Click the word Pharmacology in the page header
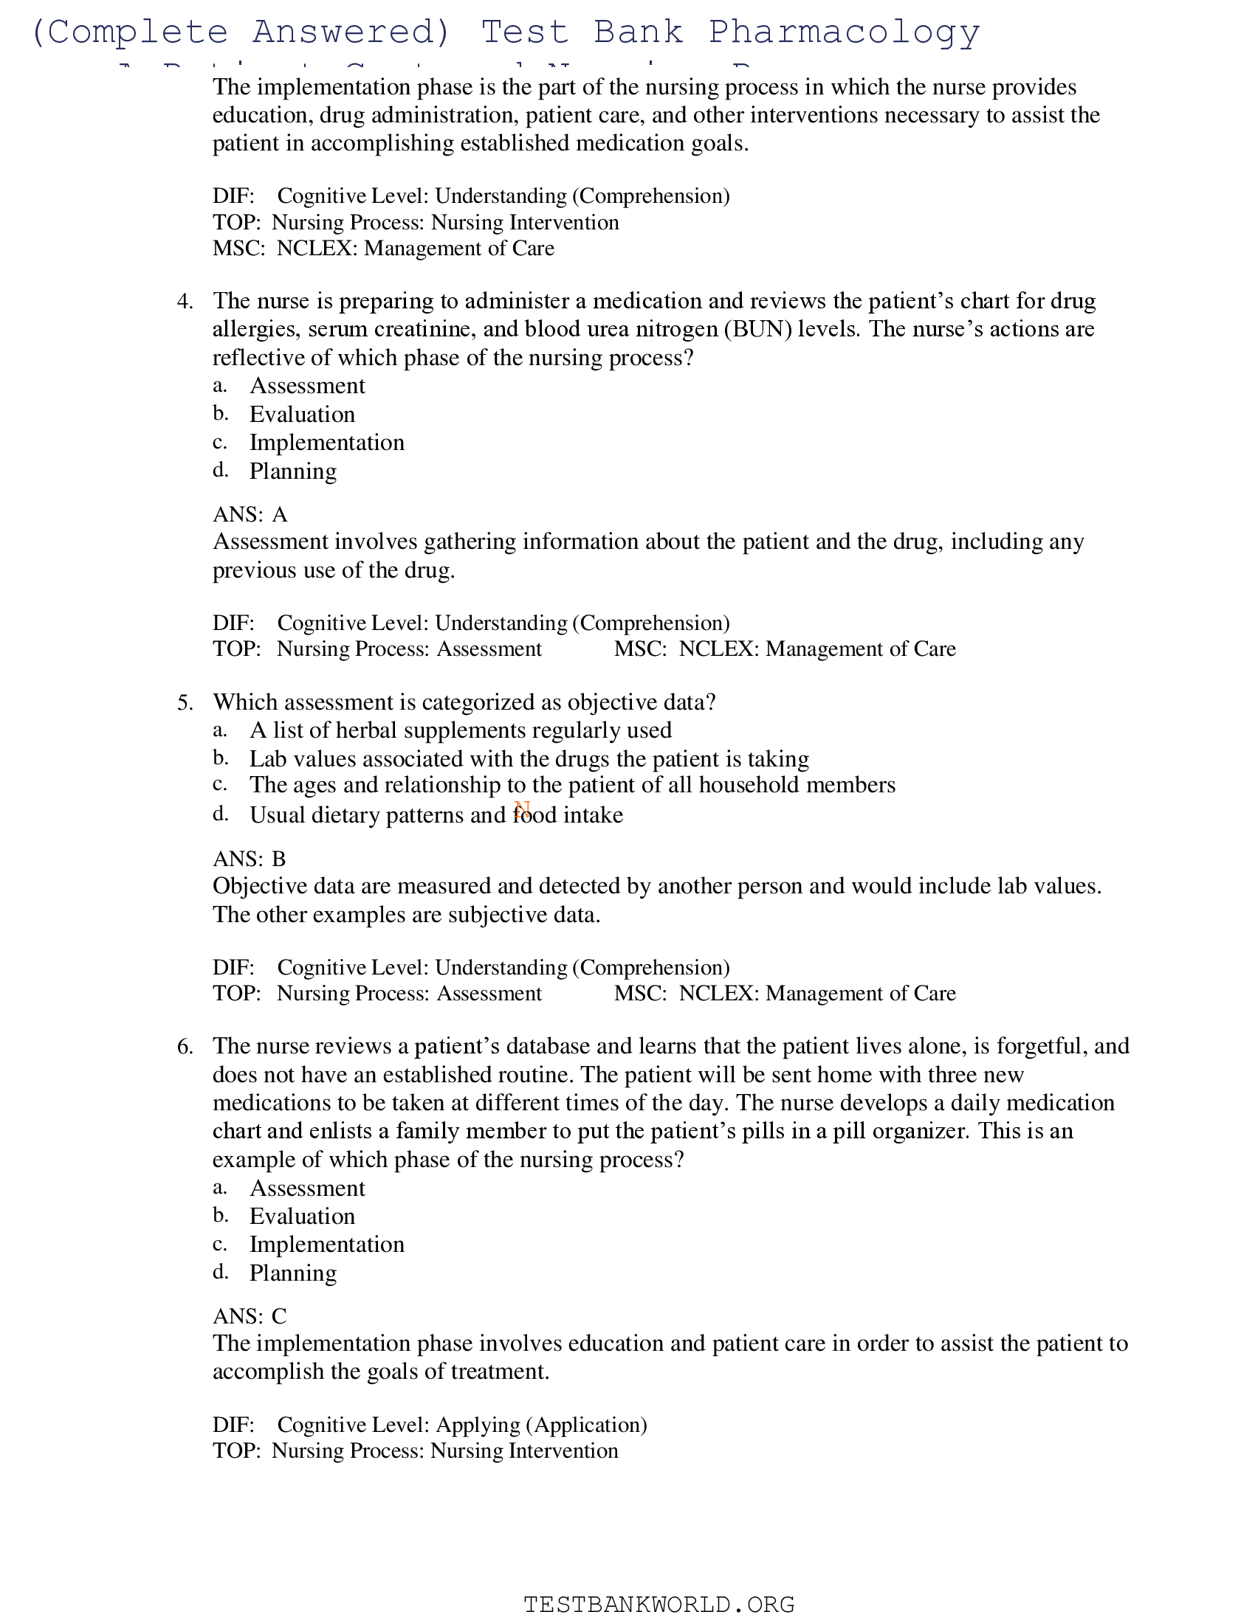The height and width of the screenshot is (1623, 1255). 844,32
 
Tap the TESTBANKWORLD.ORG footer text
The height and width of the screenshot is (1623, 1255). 659,1604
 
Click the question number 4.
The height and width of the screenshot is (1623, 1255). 185,301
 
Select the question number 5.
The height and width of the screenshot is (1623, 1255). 185,702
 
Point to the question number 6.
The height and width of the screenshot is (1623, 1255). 185,1046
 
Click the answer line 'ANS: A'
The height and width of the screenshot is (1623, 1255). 250,514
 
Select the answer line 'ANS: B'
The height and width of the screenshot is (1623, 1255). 249,859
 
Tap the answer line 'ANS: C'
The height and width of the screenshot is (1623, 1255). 249,1316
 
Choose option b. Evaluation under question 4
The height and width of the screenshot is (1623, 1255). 302,414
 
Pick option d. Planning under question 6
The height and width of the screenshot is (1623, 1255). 293,1273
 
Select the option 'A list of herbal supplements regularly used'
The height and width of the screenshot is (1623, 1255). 460,730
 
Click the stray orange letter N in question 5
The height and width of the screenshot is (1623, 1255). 522,809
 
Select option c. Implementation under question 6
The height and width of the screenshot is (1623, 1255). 326,1245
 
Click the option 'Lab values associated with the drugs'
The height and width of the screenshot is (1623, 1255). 529,758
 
